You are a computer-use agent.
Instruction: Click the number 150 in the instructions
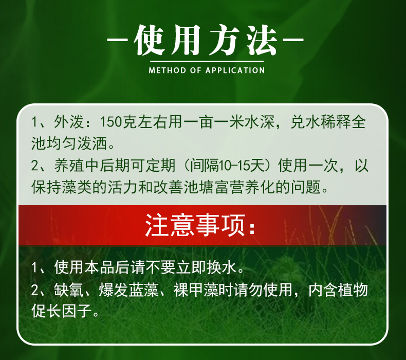(x=111, y=123)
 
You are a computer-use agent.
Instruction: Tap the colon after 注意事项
(x=251, y=226)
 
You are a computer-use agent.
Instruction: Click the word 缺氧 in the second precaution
(x=66, y=290)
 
